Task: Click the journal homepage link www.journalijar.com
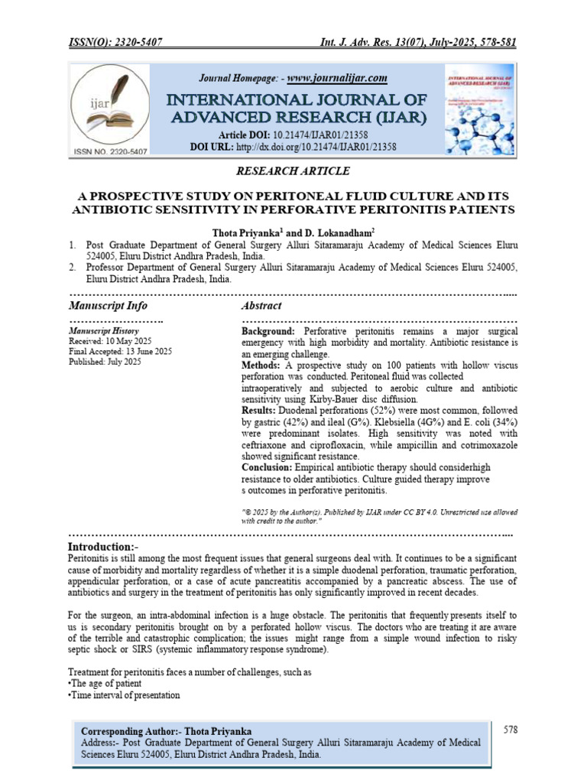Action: click(x=337, y=78)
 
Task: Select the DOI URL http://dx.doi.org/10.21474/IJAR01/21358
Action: click(x=315, y=146)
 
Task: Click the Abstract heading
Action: click(x=261, y=305)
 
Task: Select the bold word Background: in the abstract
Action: click(x=268, y=332)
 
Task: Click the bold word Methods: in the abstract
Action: click(x=262, y=366)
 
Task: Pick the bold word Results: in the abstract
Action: click(x=261, y=411)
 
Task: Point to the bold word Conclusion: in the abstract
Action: click(x=267, y=467)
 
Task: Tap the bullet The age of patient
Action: click(x=104, y=684)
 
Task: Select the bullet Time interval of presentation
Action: click(x=125, y=695)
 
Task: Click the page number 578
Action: click(x=511, y=729)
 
